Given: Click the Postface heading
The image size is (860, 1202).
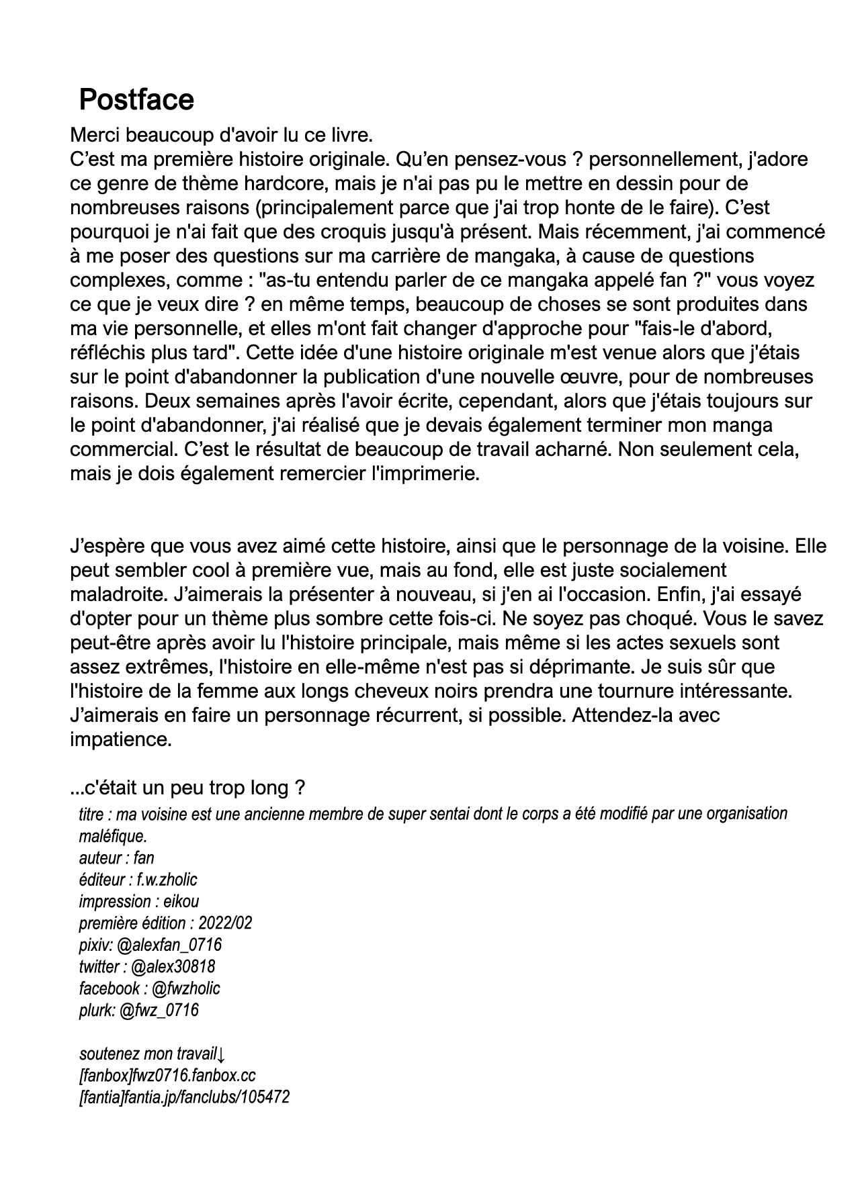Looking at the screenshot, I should click(136, 99).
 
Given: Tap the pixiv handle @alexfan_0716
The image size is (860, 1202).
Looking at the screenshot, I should click(169, 945).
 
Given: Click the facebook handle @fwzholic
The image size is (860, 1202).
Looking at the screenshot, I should click(185, 988).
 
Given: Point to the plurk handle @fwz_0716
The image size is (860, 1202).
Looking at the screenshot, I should click(159, 1010).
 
